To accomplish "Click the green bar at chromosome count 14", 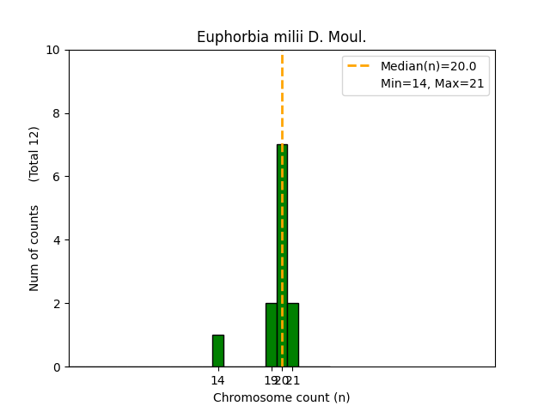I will pyautogui.click(x=218, y=351).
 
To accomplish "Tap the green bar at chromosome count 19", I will pyautogui.click(x=271, y=335).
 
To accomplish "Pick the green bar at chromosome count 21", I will pyautogui.click(x=293, y=335).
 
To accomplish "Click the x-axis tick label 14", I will pyautogui.click(x=218, y=380).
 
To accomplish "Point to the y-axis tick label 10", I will pyautogui.click(x=53, y=50).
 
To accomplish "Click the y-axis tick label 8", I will pyautogui.click(x=57, y=113).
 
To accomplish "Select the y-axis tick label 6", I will pyautogui.click(x=57, y=177).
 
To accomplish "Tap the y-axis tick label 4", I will pyautogui.click(x=57, y=240).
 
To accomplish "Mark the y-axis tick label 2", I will pyautogui.click(x=57, y=304).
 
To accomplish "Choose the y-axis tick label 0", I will pyautogui.click(x=57, y=367).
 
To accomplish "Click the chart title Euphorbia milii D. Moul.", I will pyautogui.click(x=281, y=37).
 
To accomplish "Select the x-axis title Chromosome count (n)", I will pyautogui.click(x=281, y=397).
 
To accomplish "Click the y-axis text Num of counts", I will pyautogui.click(x=34, y=248).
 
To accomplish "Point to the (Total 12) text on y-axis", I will pyautogui.click(x=34, y=154).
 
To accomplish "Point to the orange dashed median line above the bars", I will pyautogui.click(x=282, y=94).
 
